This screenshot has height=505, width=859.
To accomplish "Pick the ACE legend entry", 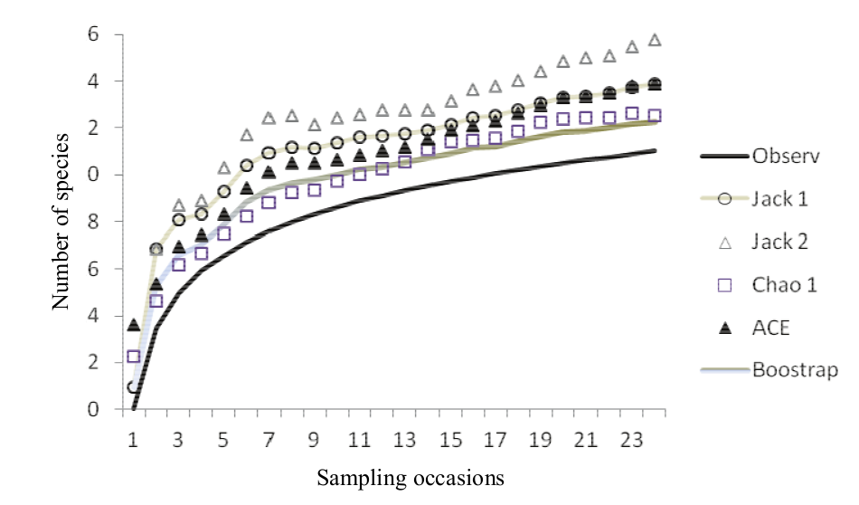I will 770,328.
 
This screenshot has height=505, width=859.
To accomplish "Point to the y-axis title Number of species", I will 61,221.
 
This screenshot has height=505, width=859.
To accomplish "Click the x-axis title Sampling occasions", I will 411,477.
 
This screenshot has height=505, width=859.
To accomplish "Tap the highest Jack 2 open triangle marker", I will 655,40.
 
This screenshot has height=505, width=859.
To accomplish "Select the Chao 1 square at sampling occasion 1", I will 134,357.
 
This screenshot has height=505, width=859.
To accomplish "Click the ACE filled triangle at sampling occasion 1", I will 134,325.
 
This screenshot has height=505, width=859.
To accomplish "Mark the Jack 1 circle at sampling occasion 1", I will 134,387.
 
